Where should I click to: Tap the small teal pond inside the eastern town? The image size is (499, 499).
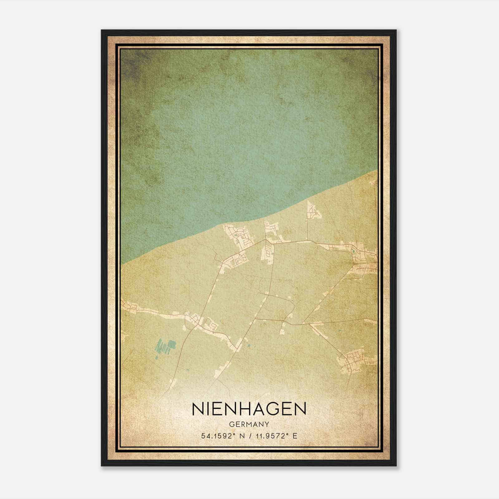click(353, 251)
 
